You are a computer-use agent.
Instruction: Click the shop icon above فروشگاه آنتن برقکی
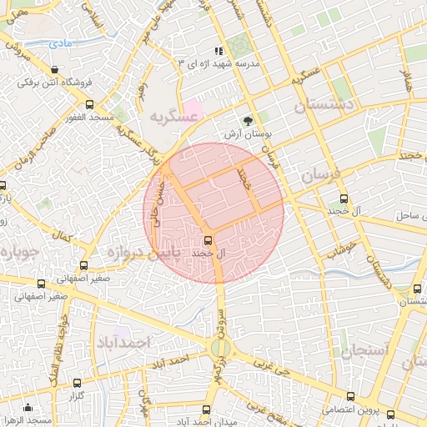point(55,70)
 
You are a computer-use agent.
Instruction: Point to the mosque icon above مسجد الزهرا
point(28,408)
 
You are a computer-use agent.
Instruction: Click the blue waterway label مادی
point(60,42)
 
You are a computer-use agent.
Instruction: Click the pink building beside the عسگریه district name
point(193,109)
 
